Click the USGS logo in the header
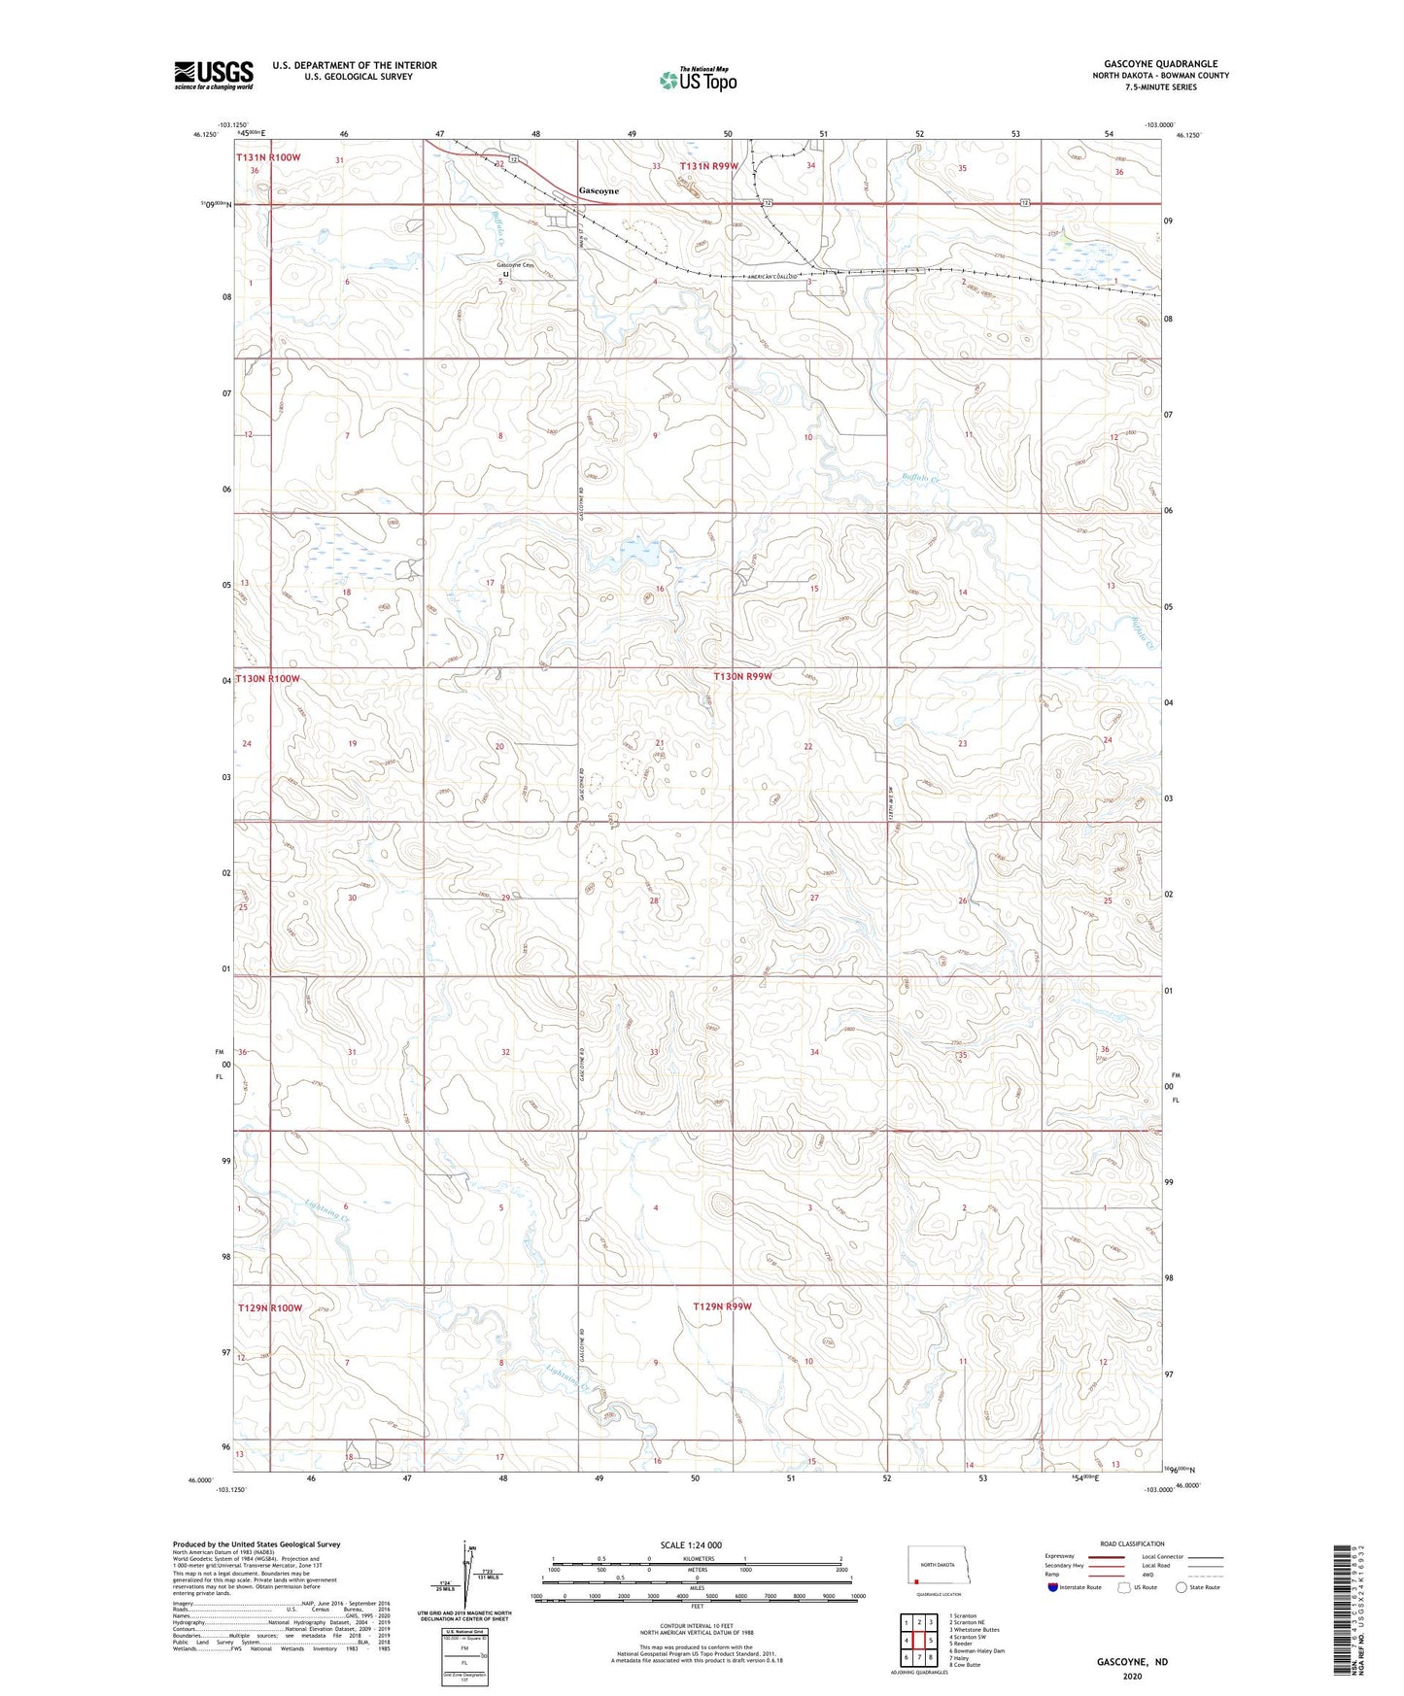tap(214, 74)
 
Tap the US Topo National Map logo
tap(698, 80)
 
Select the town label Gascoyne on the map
tap(599, 191)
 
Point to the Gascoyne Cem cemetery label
tap(515, 265)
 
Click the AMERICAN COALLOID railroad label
tap(772, 277)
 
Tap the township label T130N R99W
tap(742, 676)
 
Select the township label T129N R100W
tap(270, 1307)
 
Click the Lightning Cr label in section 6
tap(325, 1211)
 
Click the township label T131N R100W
tap(268, 156)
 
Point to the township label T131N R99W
tap(708, 166)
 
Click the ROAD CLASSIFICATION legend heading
tap(1132, 1543)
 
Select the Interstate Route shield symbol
tap(1054, 1587)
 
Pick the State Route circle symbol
tap(1181, 1587)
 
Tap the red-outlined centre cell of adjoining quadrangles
tap(918, 1640)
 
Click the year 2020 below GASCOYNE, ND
tap(1132, 1676)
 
